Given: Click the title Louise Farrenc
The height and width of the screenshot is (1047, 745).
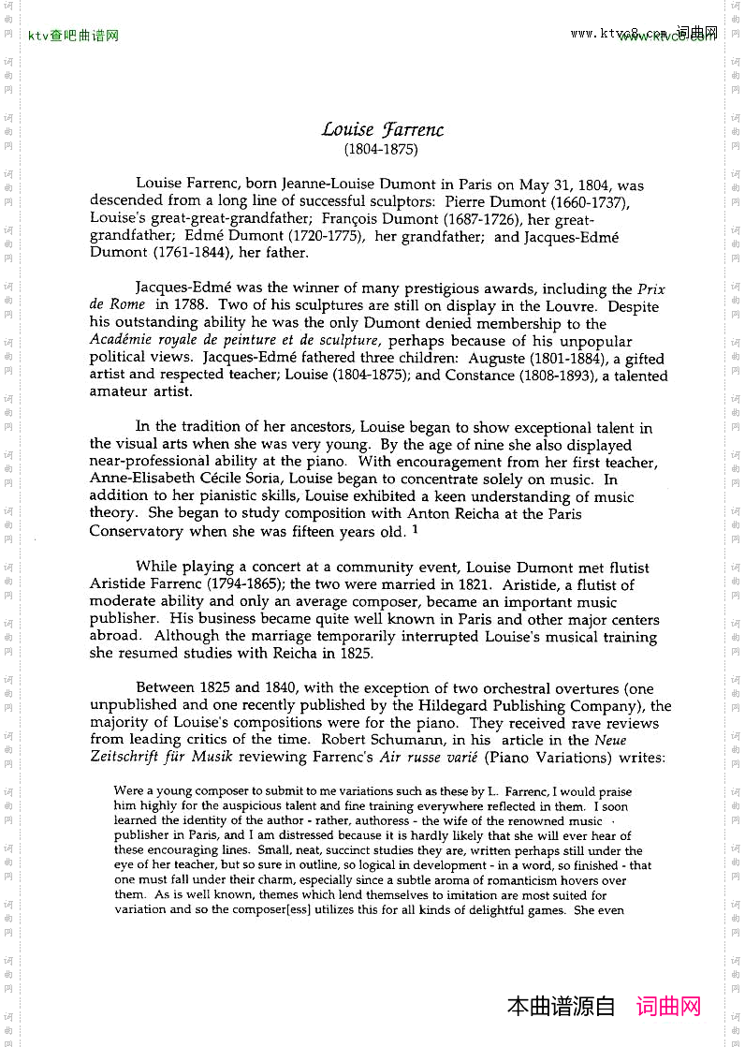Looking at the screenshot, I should click(x=382, y=130).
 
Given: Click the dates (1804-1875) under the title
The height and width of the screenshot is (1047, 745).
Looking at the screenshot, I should click(x=382, y=149).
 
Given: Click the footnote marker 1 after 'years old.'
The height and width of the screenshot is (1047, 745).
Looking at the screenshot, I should click(x=415, y=529).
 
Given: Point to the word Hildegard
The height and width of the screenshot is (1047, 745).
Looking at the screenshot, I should click(x=421, y=706).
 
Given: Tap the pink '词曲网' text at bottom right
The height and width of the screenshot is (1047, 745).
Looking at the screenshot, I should click(x=668, y=1007).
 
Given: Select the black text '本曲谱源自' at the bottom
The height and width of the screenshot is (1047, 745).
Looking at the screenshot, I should click(x=561, y=1007).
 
